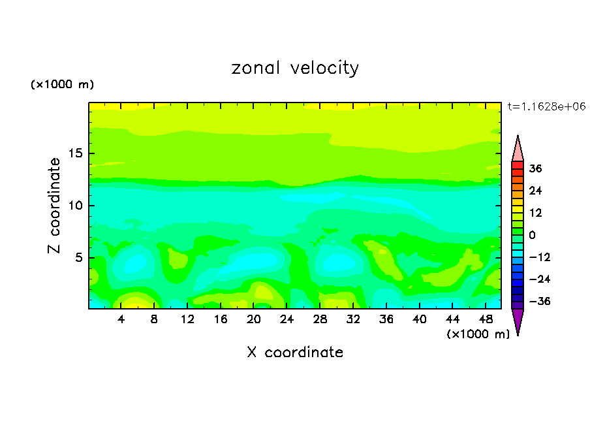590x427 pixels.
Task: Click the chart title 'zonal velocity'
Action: pyautogui.click(x=295, y=68)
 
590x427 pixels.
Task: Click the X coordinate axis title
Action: pyautogui.click(x=295, y=353)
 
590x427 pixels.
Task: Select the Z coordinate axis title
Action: pyautogui.click(x=55, y=206)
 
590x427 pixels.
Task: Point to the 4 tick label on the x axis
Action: pyautogui.click(x=121, y=319)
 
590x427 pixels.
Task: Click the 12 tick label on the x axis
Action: pyautogui.click(x=188, y=319)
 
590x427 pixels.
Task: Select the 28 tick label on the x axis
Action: pyautogui.click(x=320, y=319)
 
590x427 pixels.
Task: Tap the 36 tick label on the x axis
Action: pyautogui.click(x=386, y=319)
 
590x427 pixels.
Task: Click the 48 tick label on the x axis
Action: pyautogui.click(x=485, y=319)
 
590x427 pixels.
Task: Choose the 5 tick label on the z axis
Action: pyautogui.click(x=77, y=257)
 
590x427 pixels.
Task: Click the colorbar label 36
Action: pyautogui.click(x=536, y=168)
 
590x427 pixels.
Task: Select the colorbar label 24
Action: pyautogui.click(x=536, y=191)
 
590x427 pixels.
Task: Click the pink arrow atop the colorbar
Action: pyautogui.click(x=518, y=149)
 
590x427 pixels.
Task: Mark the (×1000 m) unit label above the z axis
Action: pyautogui.click(x=62, y=85)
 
